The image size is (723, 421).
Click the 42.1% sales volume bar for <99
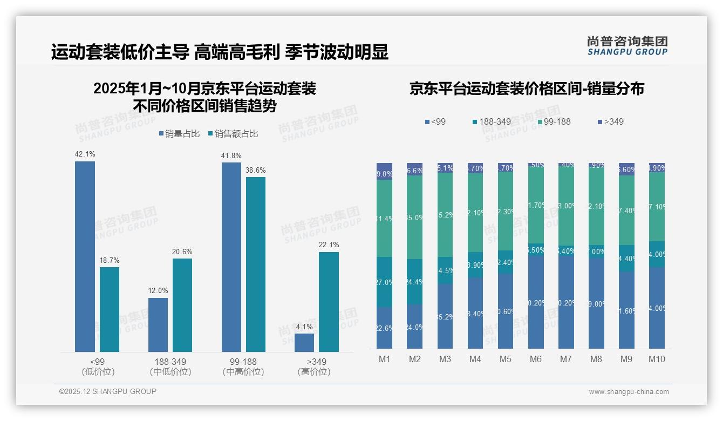[85, 256]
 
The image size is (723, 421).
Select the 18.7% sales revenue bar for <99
[110, 309]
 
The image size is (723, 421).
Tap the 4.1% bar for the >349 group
[304, 343]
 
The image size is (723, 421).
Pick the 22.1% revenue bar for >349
[329, 302]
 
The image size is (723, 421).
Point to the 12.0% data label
[158, 290]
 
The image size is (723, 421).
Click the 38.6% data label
[255, 170]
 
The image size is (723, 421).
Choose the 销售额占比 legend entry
[232, 134]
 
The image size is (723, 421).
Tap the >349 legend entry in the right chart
[610, 121]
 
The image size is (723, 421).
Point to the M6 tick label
[535, 359]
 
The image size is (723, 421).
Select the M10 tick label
[657, 359]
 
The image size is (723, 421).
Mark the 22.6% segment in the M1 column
[385, 328]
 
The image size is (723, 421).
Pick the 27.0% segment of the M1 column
[385, 282]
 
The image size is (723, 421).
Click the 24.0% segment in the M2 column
[415, 326]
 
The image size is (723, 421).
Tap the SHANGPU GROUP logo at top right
[627, 46]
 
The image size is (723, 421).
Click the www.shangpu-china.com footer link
[629, 392]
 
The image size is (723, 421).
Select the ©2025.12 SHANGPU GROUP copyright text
[108, 391]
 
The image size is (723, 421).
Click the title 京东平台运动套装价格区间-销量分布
[527, 89]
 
